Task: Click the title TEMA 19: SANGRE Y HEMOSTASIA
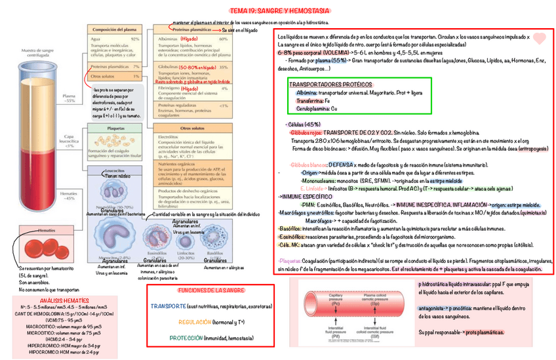(279, 12)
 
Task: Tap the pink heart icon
(539, 39)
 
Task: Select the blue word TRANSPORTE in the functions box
(168, 306)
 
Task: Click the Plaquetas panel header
(115, 129)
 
